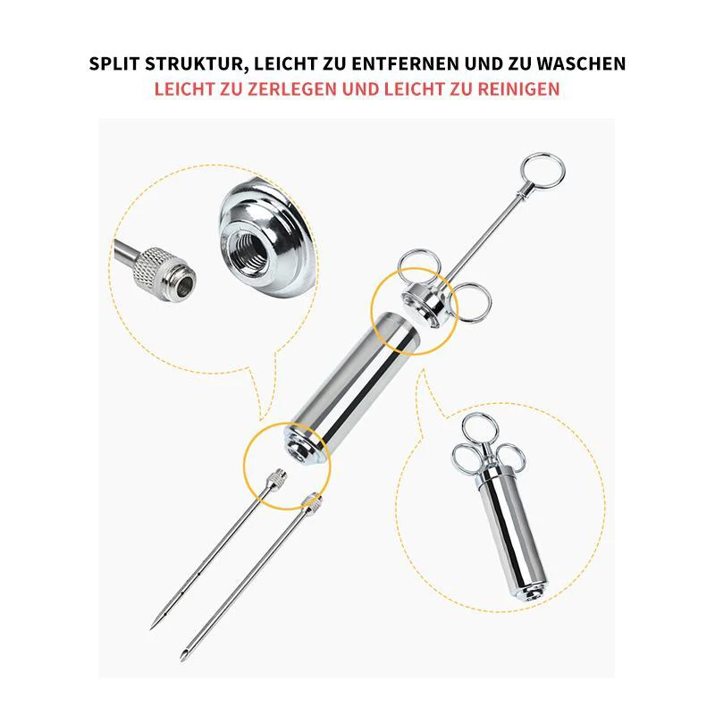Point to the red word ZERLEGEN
292,88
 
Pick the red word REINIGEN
518,88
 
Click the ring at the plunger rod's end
543,170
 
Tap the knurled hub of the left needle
277,479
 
